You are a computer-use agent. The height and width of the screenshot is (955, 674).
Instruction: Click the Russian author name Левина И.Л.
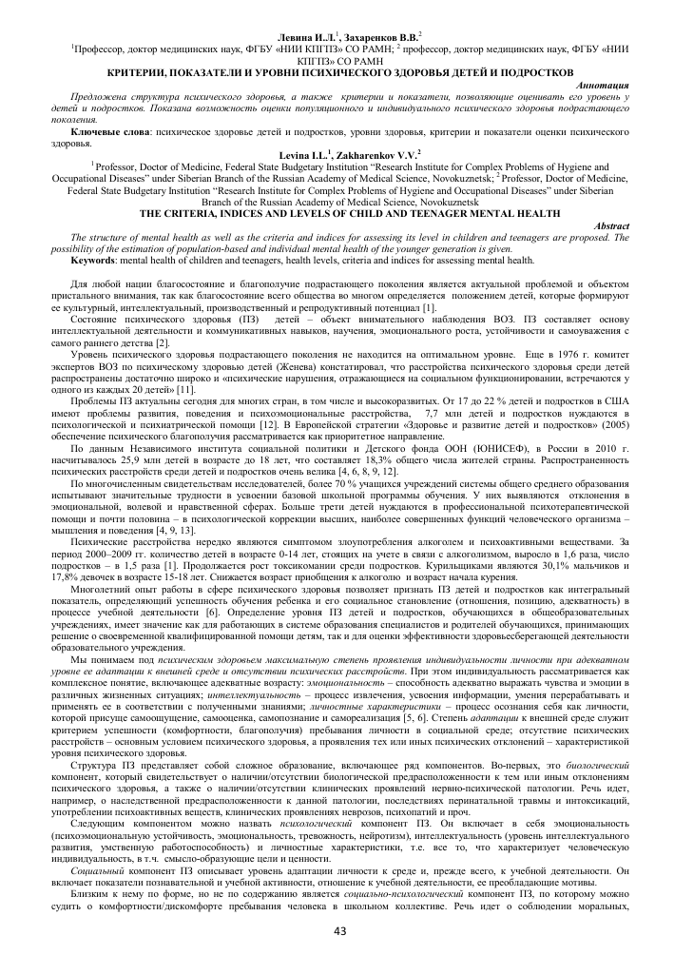click(302, 35)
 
